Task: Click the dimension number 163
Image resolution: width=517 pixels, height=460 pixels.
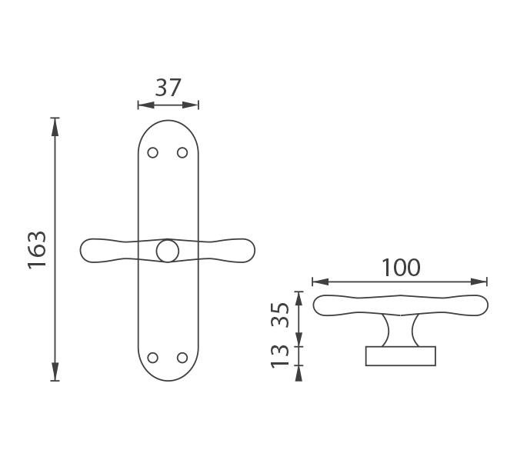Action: pos(37,250)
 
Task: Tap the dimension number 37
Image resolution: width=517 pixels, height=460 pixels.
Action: pos(168,88)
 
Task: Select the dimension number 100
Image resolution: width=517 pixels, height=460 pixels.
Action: pos(401,268)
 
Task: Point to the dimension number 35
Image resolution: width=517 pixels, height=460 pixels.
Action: pos(280,315)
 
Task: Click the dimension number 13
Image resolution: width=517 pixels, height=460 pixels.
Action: pos(280,356)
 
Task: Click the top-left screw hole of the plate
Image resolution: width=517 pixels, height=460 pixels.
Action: pos(152,152)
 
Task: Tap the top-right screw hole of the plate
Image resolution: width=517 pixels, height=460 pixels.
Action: pos(182,152)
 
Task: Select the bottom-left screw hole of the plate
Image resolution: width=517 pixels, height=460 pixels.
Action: pos(152,358)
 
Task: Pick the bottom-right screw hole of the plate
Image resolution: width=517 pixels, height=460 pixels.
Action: pos(182,358)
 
